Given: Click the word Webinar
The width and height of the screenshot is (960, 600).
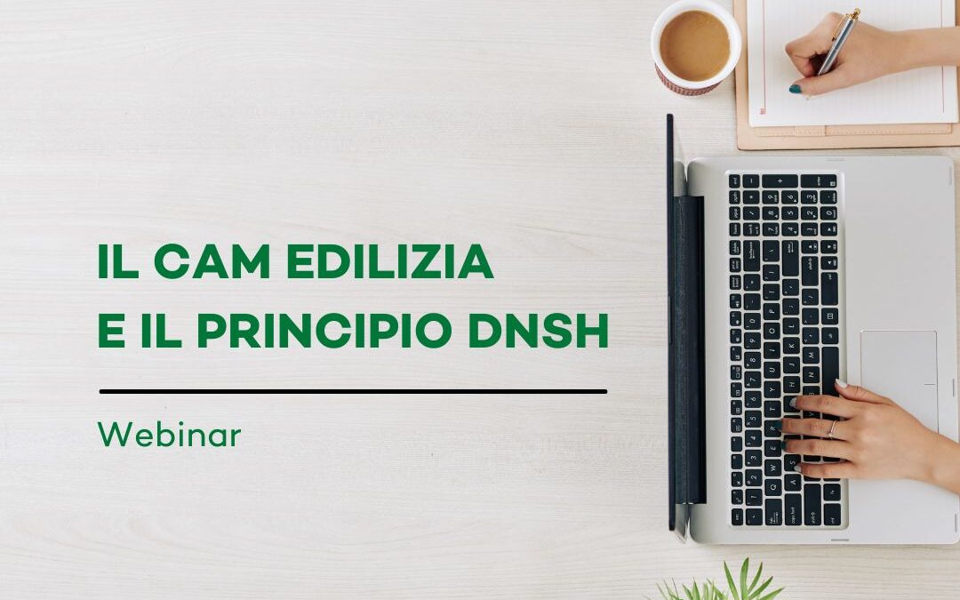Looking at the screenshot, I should [169, 436].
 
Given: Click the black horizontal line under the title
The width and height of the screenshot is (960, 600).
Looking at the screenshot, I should [353, 391].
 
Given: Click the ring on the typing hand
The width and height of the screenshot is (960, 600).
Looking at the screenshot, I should [832, 428].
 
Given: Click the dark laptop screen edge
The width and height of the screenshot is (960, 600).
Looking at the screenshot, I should [671, 329].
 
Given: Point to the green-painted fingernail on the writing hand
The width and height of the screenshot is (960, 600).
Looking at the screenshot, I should [795, 89].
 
